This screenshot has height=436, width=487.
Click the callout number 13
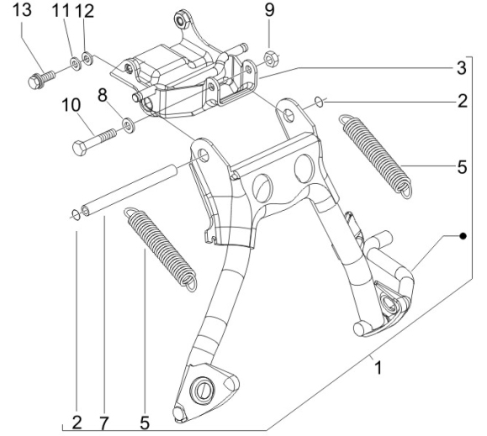[22, 10]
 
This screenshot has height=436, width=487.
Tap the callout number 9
[269, 10]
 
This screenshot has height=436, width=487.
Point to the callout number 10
[71, 105]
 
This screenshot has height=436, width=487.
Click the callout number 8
[103, 95]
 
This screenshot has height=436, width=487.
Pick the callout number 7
[103, 423]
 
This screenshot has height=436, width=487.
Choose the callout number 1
[378, 368]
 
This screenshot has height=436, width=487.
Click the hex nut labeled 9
[270, 58]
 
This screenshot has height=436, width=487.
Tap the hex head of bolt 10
[80, 148]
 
